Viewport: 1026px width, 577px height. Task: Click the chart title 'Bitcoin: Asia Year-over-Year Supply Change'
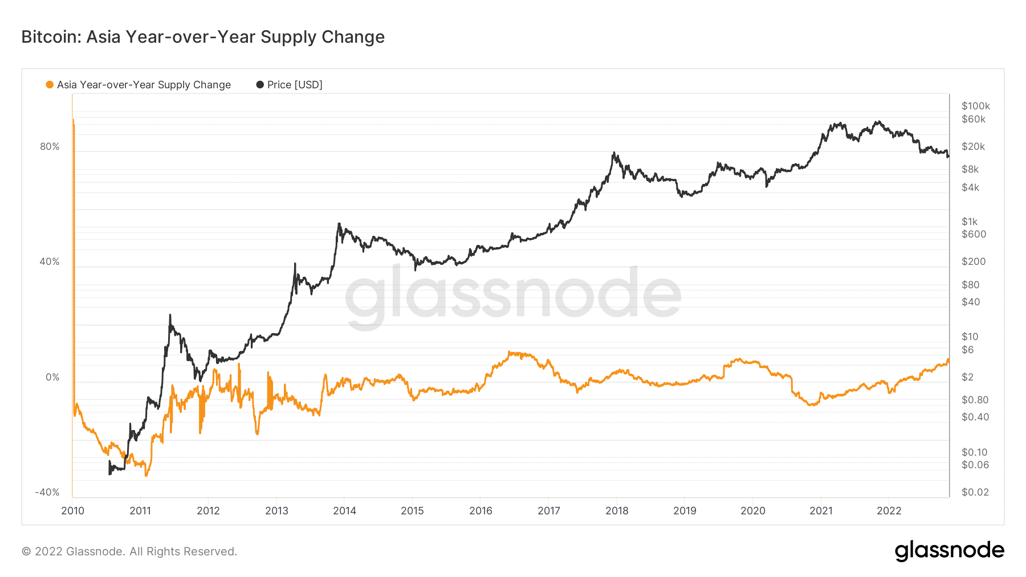tap(203, 37)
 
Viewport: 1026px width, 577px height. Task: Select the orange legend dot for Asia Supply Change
tap(50, 85)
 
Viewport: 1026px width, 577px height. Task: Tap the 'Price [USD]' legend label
tap(295, 85)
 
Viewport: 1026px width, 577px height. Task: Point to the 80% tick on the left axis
tap(50, 146)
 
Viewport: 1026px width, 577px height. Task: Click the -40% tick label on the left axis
tap(47, 492)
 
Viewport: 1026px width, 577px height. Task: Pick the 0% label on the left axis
tap(52, 377)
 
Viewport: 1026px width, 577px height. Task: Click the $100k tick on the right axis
tap(975, 106)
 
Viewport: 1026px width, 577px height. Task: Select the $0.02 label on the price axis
tap(975, 492)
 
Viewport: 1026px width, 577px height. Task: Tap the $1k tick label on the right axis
tap(969, 222)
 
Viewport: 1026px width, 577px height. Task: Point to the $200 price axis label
tap(973, 261)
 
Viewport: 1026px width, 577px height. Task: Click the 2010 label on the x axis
tap(72, 511)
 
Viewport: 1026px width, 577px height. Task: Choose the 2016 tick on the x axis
tap(481, 511)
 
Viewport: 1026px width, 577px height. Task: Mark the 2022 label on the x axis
tap(889, 511)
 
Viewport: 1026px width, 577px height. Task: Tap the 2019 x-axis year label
tap(685, 511)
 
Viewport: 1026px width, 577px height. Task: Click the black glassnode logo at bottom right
tap(949, 551)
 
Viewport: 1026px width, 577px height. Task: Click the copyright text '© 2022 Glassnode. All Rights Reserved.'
tap(129, 551)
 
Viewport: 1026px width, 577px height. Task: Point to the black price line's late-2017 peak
tap(614, 152)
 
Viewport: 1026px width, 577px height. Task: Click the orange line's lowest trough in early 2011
tap(146, 475)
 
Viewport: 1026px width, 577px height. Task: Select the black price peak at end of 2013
tap(339, 223)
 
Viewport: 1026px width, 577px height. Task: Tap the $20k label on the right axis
tap(973, 146)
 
